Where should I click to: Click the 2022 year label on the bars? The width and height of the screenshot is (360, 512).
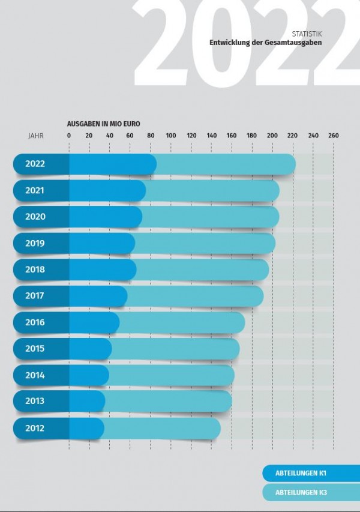coord(35,163)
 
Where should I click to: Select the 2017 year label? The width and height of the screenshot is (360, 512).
coord(35,296)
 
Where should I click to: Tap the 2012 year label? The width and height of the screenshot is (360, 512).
coord(35,428)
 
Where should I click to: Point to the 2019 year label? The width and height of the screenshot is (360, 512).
coord(35,243)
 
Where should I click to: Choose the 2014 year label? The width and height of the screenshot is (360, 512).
coord(35,375)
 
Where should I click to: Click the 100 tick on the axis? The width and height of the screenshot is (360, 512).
coord(171,136)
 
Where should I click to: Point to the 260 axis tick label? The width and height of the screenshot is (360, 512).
coord(333,136)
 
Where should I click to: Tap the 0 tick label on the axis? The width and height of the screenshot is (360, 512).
coord(69,136)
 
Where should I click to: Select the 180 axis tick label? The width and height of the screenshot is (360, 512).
coord(252,136)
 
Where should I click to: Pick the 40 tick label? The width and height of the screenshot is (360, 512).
coord(110,136)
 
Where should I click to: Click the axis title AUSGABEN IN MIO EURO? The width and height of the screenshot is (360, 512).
coord(104,123)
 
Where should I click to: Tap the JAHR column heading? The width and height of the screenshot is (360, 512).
coord(36,136)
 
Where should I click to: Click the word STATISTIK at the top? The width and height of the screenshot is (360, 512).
coord(311,34)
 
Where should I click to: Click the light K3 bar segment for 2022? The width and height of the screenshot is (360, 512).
coord(225,164)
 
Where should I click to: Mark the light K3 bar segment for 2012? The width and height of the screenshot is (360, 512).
coord(162,428)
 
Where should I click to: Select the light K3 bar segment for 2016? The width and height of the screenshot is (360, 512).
coord(182,322)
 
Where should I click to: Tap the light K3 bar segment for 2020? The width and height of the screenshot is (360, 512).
coord(210,217)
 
